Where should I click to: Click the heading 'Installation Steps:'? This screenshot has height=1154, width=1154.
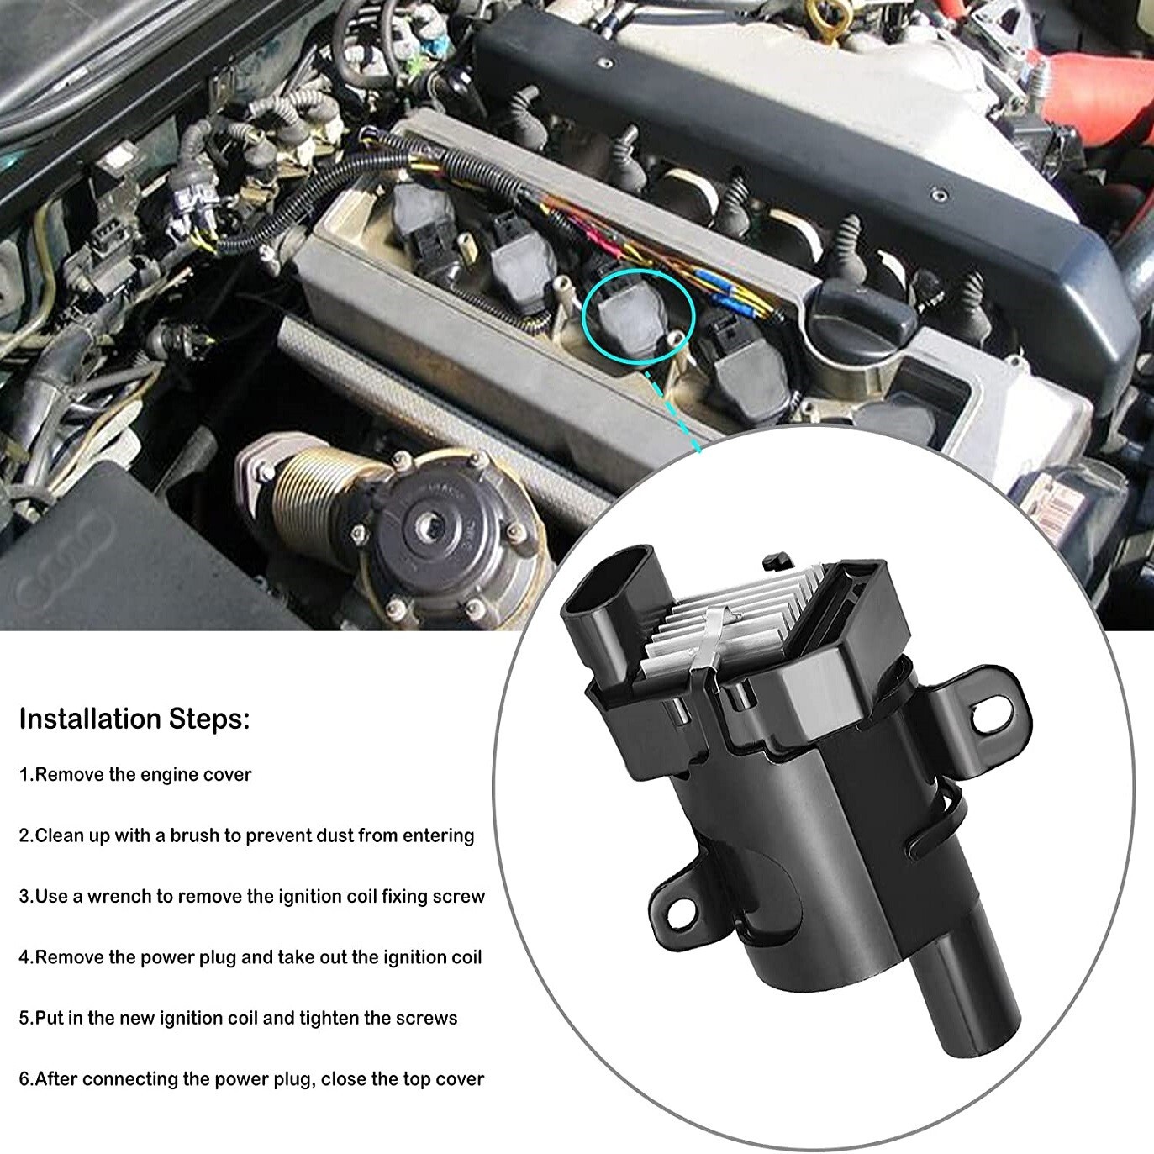coord(134,719)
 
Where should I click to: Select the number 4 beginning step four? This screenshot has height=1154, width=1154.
coord(24,957)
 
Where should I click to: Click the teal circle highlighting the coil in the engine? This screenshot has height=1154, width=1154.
coord(640,319)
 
